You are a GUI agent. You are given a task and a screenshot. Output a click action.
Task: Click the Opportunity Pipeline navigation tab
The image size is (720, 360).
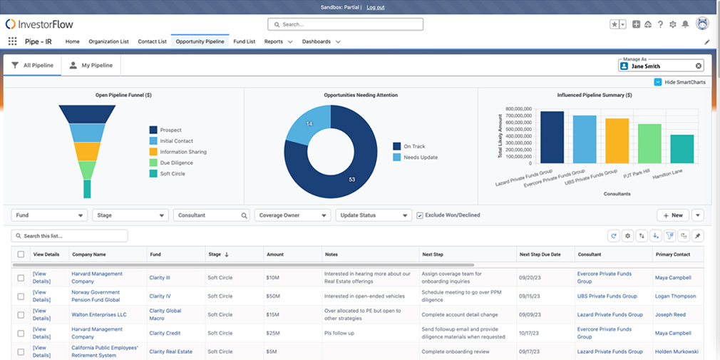point(200,41)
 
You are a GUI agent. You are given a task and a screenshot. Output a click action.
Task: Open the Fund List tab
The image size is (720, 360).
point(244,41)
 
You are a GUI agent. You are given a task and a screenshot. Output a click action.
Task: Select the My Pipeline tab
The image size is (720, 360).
point(91,65)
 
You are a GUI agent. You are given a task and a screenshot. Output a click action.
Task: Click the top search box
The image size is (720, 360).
point(346,24)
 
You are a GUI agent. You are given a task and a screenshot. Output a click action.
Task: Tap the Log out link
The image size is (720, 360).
point(375,7)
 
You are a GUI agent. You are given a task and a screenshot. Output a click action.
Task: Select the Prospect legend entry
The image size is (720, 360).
point(170,130)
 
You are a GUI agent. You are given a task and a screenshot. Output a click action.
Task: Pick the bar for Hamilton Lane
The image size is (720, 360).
point(682,149)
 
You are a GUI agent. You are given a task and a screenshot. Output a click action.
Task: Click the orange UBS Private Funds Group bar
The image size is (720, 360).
point(617,141)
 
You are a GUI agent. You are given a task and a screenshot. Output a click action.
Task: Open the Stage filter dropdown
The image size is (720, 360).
point(130,215)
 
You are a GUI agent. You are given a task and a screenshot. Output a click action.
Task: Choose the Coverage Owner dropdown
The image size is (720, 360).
point(293,215)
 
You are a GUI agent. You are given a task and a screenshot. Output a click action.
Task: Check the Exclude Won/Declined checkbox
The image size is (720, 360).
point(420,215)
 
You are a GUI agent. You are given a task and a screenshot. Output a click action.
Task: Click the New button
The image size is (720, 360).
point(672,215)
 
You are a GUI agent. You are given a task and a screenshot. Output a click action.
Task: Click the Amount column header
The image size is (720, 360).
point(275,254)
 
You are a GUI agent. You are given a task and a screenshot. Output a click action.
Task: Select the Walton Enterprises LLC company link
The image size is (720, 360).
point(98,314)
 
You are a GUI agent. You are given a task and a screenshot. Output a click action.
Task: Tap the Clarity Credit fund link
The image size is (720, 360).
point(165,333)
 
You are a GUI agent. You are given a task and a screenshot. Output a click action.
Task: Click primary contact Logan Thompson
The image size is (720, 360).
point(675,296)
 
